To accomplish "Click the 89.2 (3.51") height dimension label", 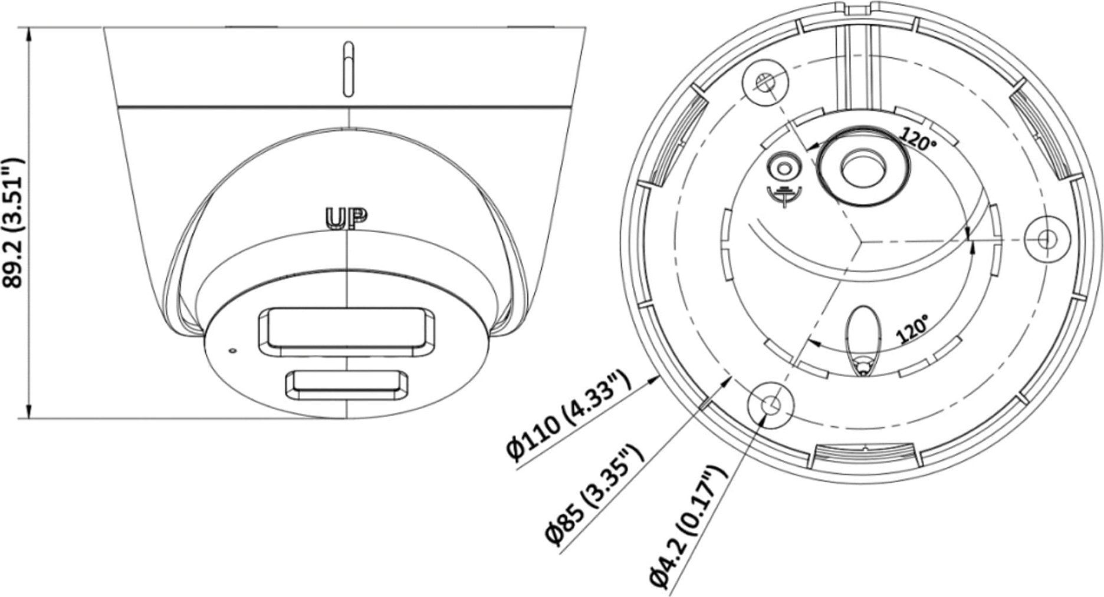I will [x=13, y=222].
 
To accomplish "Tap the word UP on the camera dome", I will [x=347, y=218].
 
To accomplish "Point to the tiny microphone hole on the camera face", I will [x=232, y=351].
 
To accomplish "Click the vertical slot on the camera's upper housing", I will [x=349, y=69].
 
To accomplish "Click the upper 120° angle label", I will [x=918, y=141].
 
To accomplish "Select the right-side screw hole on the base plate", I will [x=1047, y=239].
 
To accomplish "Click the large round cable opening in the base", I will [x=862, y=163].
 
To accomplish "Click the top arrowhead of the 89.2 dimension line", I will [x=28, y=33].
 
